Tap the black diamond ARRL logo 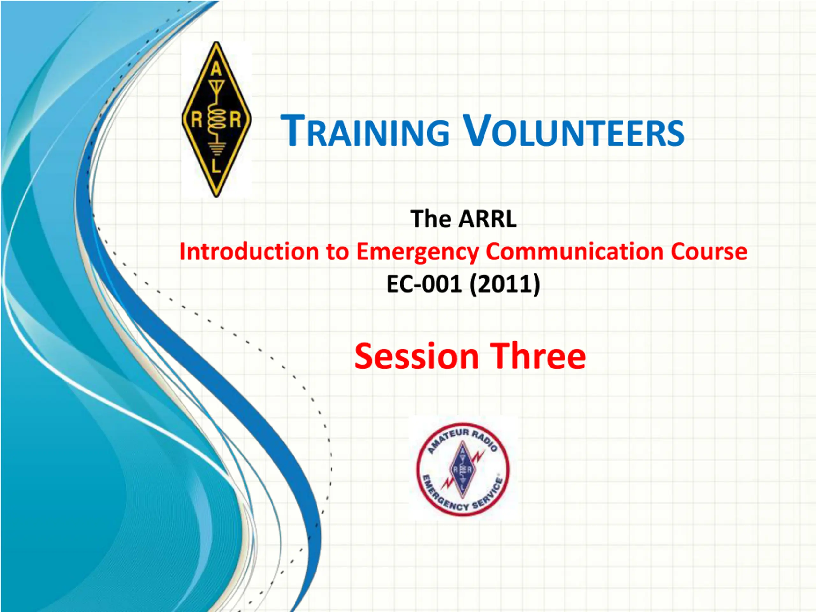(216, 119)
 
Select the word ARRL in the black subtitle (487, 219)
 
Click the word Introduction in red (249, 251)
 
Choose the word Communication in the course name (575, 251)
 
